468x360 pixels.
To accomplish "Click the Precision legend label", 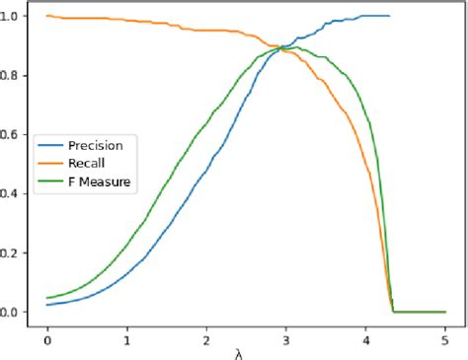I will (x=96, y=146).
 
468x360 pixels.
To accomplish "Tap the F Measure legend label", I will (x=100, y=181).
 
